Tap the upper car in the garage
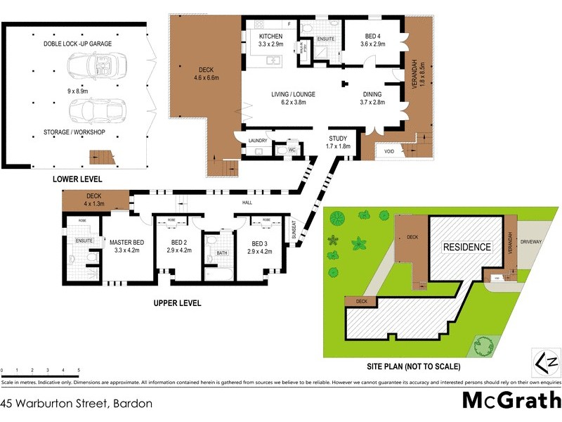[91, 68]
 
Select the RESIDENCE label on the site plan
[466, 247]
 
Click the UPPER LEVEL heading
[177, 303]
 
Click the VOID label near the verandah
[388, 151]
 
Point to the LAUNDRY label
[258, 141]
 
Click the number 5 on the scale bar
[79, 370]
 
